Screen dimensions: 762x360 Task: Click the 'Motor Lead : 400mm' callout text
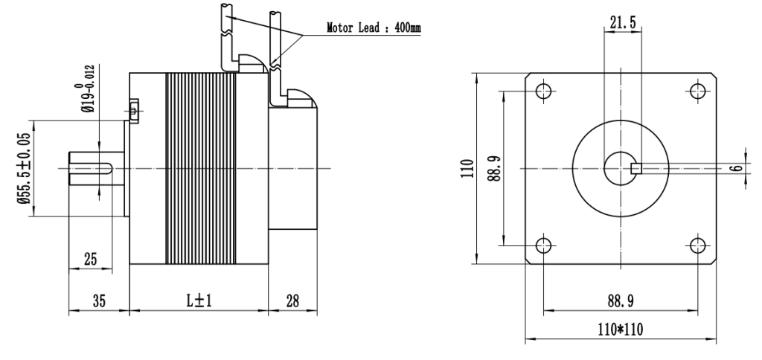(x=374, y=28)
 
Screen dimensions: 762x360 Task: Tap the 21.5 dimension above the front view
(x=623, y=22)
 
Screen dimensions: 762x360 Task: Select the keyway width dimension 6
(x=737, y=168)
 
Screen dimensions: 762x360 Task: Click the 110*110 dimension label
(x=620, y=330)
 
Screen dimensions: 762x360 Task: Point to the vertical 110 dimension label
(x=467, y=169)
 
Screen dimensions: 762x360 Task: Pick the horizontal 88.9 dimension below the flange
(x=621, y=302)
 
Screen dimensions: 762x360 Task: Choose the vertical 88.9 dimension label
(x=495, y=168)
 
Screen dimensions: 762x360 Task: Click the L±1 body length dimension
(x=199, y=301)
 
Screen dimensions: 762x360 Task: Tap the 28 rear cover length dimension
(x=292, y=301)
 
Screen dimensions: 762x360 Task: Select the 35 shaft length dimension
(x=99, y=301)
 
